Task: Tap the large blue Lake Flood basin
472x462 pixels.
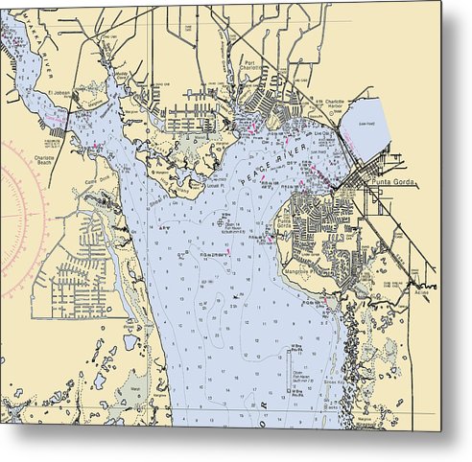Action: (368, 125)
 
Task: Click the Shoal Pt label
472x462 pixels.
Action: (154, 201)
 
